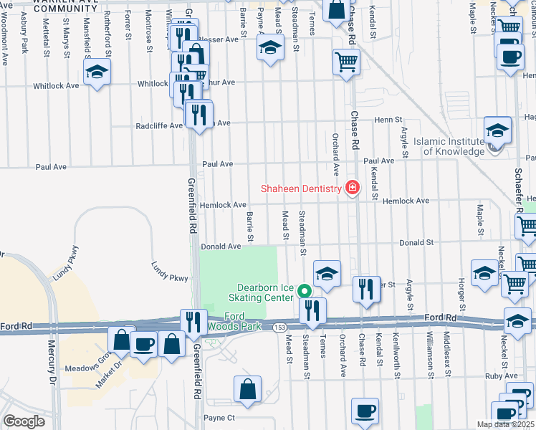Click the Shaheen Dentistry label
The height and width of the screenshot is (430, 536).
click(300, 188)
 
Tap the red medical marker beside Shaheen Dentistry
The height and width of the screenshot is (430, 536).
click(352, 188)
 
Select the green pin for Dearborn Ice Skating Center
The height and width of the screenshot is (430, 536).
click(305, 291)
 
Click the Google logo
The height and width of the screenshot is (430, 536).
click(24, 421)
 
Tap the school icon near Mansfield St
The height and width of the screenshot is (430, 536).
click(97, 72)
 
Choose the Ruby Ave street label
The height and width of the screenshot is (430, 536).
click(501, 376)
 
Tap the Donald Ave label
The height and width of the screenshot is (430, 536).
click(221, 247)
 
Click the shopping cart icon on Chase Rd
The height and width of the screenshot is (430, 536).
click(346, 62)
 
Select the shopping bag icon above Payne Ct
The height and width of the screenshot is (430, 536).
click(247, 389)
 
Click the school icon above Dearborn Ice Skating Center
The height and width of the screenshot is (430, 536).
click(327, 273)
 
